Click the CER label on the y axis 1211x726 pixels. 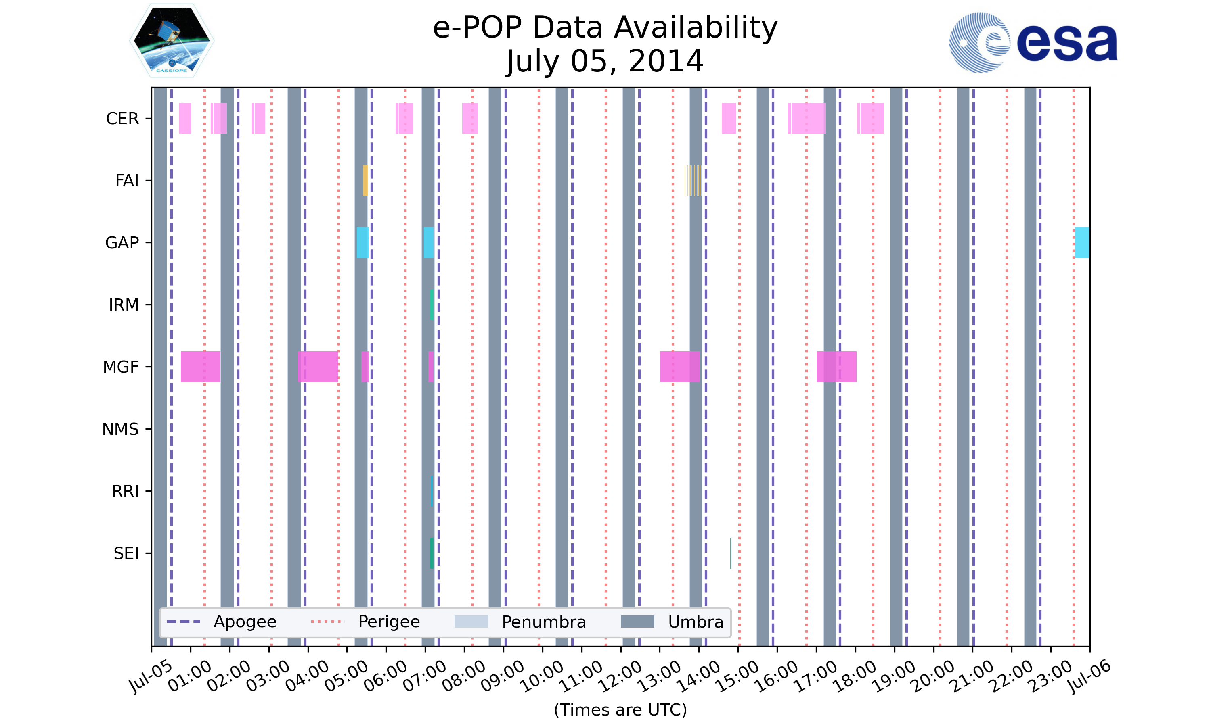click(x=122, y=119)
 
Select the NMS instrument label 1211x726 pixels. click(x=120, y=429)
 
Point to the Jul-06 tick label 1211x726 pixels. click(x=1089, y=676)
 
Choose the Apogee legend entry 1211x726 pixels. click(x=222, y=622)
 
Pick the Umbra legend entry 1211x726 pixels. click(x=672, y=622)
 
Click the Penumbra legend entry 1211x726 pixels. click(x=520, y=622)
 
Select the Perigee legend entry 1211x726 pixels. click(x=366, y=622)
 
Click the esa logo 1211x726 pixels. click(x=1033, y=43)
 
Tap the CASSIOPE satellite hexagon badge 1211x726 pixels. click(x=172, y=41)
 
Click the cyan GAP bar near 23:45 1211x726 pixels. click(x=1082, y=243)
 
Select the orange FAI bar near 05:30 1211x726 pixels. click(x=365, y=181)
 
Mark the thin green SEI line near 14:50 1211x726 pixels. click(x=730, y=553)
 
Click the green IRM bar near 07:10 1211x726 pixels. click(x=432, y=305)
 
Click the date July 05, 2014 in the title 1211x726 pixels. click(x=605, y=61)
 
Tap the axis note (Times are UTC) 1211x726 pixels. click(x=620, y=709)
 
